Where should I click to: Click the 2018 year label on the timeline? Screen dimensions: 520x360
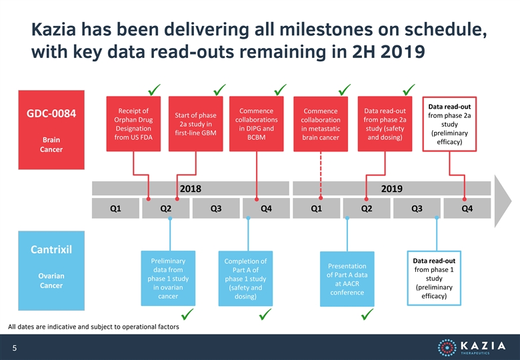tap(191, 189)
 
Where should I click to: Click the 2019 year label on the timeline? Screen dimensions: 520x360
tap(391, 189)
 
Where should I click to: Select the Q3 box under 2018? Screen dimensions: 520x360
tap(216, 208)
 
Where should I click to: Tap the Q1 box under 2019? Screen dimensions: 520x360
tap(317, 208)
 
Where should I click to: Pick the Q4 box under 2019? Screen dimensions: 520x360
tap(467, 208)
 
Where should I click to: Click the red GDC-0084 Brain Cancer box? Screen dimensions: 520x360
tap(51, 129)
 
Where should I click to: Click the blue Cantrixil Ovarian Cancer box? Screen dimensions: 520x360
tap(51, 271)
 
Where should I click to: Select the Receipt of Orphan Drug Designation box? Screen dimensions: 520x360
tap(133, 123)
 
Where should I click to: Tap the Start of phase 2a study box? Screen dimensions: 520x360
tap(195, 123)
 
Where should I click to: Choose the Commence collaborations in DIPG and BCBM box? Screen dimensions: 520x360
tap(257, 123)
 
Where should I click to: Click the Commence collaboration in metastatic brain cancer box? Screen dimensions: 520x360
tap(321, 124)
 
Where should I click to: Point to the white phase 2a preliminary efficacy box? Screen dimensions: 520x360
tap(449, 124)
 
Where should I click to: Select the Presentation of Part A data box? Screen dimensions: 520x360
tap(347, 279)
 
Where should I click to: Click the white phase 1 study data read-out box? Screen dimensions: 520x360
tap(434, 278)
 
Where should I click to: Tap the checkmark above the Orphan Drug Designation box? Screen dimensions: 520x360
tap(154, 89)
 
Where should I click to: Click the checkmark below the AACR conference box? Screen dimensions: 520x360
tap(367, 314)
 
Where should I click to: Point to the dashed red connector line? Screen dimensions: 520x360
tap(321, 175)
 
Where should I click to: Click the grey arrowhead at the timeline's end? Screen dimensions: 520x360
tap(503, 201)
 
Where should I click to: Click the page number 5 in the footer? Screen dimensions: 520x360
tap(14, 348)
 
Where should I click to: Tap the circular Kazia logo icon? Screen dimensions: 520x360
tap(447, 348)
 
